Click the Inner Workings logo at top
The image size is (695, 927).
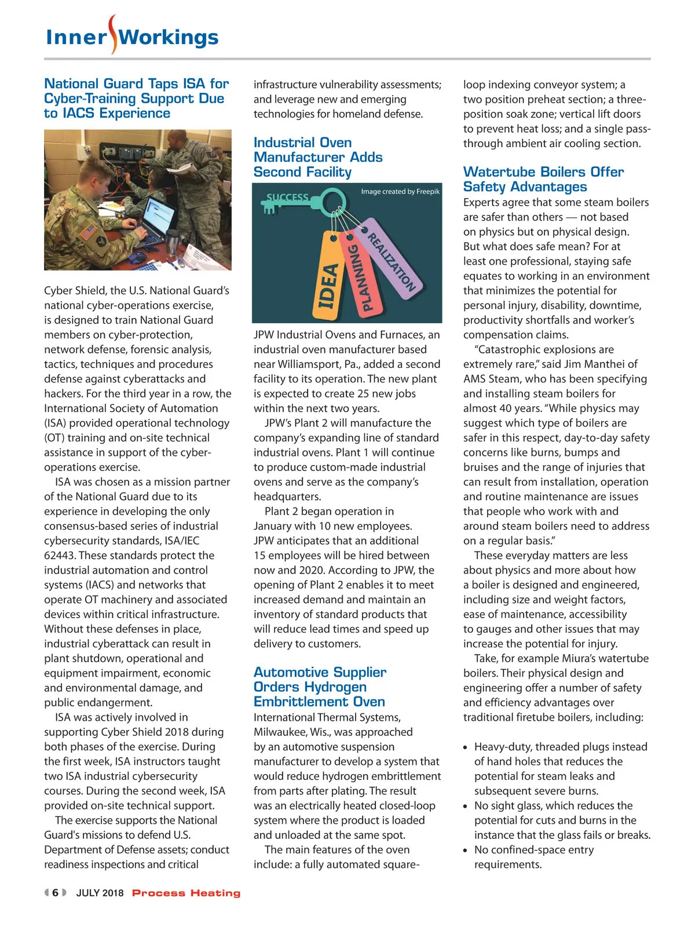point(132,37)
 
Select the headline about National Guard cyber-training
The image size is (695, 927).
point(137,98)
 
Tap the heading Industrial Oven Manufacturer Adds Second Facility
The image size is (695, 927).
point(318,157)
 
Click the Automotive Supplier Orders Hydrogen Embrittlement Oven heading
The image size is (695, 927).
point(320,687)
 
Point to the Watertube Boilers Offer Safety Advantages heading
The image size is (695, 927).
point(543,179)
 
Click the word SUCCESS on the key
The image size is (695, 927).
point(287,198)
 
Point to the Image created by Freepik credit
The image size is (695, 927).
point(400,191)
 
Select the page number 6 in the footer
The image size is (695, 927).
point(56,893)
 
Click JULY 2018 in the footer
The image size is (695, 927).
point(100,893)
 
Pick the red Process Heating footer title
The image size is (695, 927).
point(186,893)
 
